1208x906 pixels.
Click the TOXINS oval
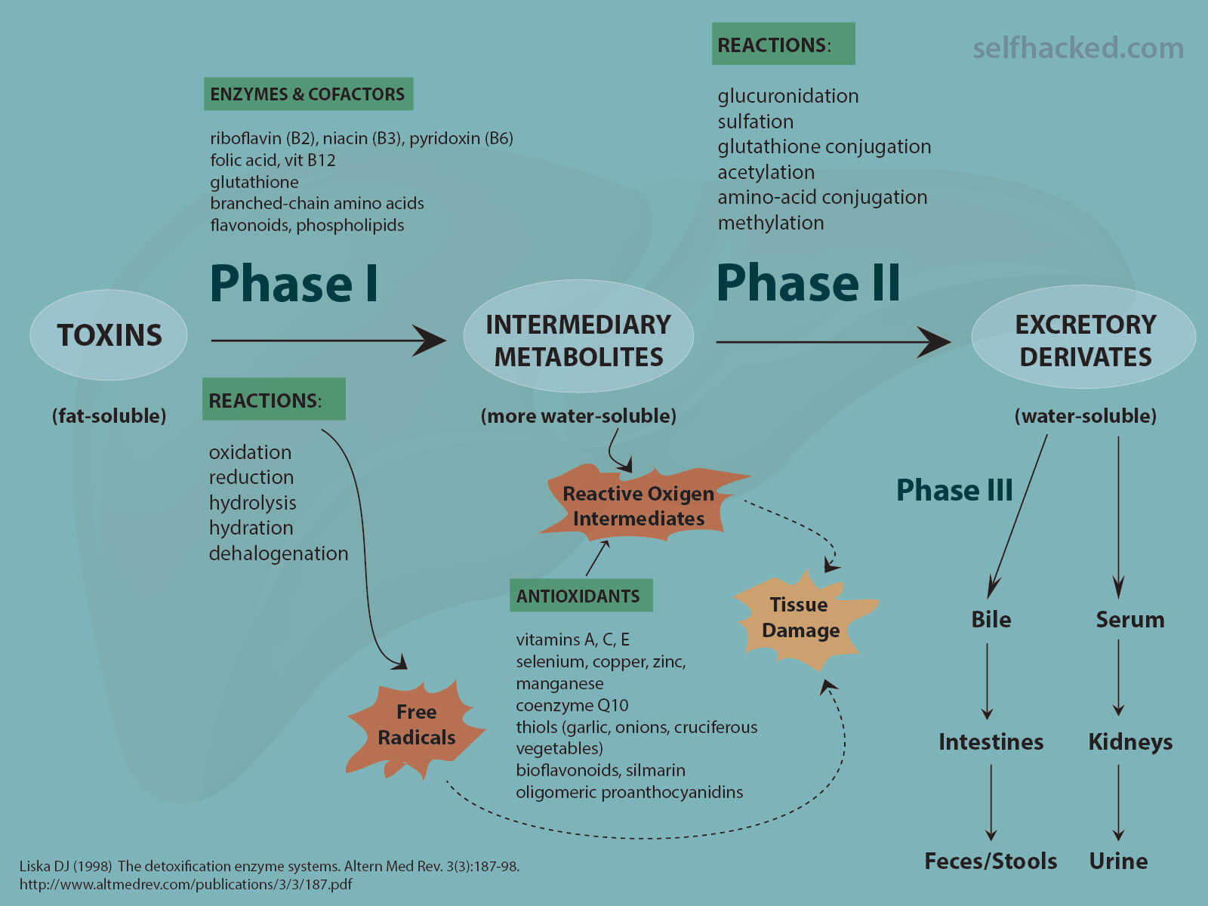(109, 335)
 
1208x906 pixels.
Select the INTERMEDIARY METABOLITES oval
(578, 341)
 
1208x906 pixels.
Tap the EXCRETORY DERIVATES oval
(1085, 341)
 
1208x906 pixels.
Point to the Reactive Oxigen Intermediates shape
(639, 505)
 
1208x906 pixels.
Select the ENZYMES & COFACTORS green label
(307, 94)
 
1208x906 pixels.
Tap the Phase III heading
(954, 491)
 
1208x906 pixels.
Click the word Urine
(1118, 861)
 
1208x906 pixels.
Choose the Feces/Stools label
(991, 861)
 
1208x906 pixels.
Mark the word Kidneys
(1130, 742)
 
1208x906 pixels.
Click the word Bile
(991, 620)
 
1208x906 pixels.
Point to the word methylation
(770, 223)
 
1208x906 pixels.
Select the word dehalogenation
(279, 553)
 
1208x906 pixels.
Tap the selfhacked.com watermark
(1077, 48)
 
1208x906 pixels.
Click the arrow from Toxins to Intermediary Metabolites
(328, 341)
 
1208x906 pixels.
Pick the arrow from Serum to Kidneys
(1118, 677)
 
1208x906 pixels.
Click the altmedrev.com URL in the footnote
(186, 884)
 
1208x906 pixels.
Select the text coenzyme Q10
(572, 705)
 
